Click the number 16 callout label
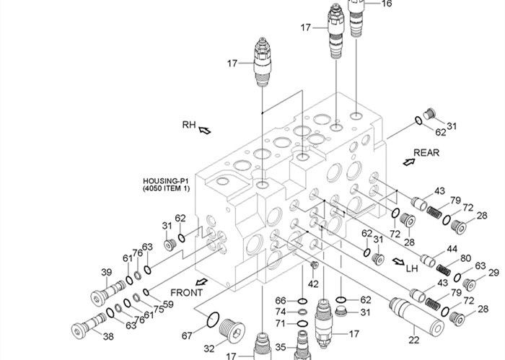[x=387, y=4]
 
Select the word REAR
[x=426, y=152]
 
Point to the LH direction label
[x=412, y=268]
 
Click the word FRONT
[x=186, y=292]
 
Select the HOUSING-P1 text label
[x=166, y=181]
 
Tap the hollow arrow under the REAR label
[x=409, y=163]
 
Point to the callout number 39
[x=106, y=272]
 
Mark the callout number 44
[x=452, y=249]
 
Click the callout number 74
[x=281, y=312]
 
